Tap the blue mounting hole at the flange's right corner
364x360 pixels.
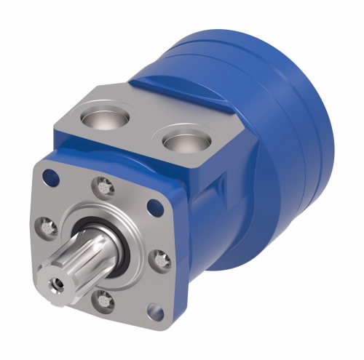pos(154,207)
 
